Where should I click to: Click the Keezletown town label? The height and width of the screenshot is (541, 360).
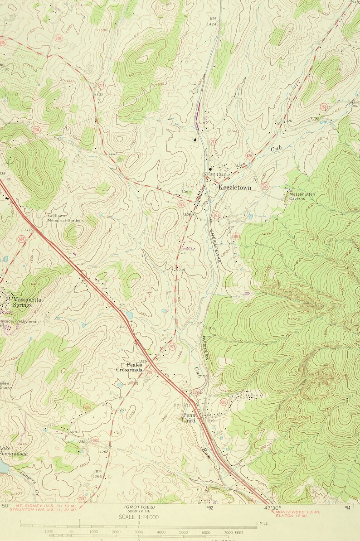pos(234,187)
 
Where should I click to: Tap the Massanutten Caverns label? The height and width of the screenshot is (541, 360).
pos(302,196)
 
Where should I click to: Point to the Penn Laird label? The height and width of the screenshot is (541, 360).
pos(189,417)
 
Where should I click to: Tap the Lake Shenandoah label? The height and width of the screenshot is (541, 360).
pos(14,451)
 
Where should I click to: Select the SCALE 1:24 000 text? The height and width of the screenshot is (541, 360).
pos(138,517)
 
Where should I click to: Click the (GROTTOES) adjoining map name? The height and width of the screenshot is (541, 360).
pos(138,507)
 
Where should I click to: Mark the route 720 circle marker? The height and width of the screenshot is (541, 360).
pos(58,39)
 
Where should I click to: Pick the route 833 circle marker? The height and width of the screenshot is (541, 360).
pos(216,215)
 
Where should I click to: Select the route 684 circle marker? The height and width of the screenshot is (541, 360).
pos(236,236)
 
